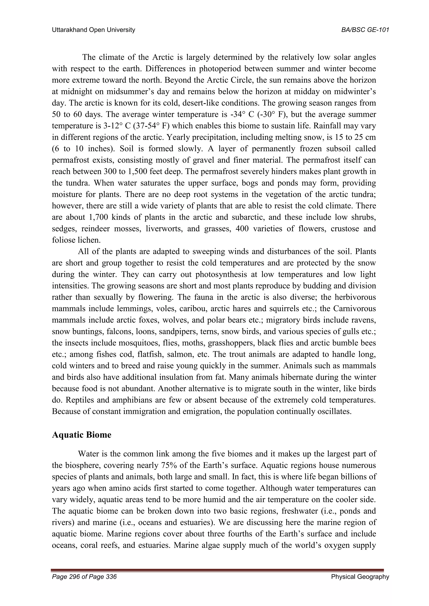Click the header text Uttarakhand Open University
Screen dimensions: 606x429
93,30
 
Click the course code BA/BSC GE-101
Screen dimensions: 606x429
365,30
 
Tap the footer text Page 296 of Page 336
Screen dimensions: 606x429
84,577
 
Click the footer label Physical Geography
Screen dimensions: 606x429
360,577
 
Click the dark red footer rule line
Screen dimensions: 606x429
217,570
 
